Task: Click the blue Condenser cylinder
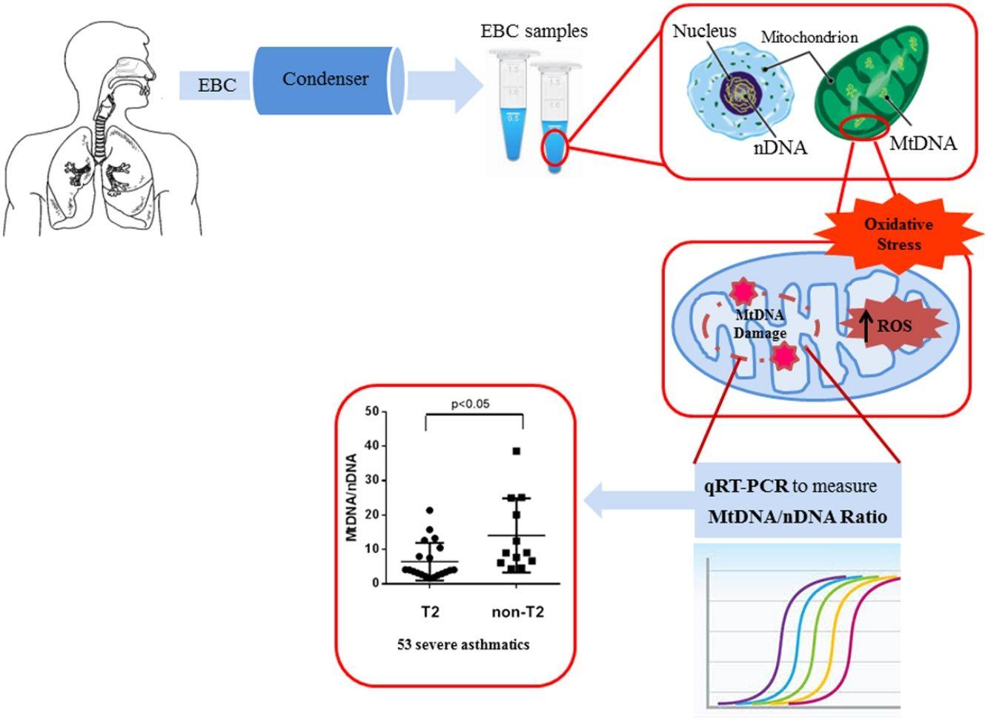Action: click(326, 81)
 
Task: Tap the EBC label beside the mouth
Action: click(216, 85)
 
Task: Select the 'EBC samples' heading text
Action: click(534, 31)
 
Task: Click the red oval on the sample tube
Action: click(555, 148)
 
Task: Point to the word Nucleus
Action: click(704, 31)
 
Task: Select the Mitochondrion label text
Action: click(809, 37)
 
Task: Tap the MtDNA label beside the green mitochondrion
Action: click(922, 143)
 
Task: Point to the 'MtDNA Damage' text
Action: click(760, 324)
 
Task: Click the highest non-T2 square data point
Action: click(517, 451)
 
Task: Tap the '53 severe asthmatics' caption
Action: click(463, 644)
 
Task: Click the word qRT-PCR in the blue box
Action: click(746, 486)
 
